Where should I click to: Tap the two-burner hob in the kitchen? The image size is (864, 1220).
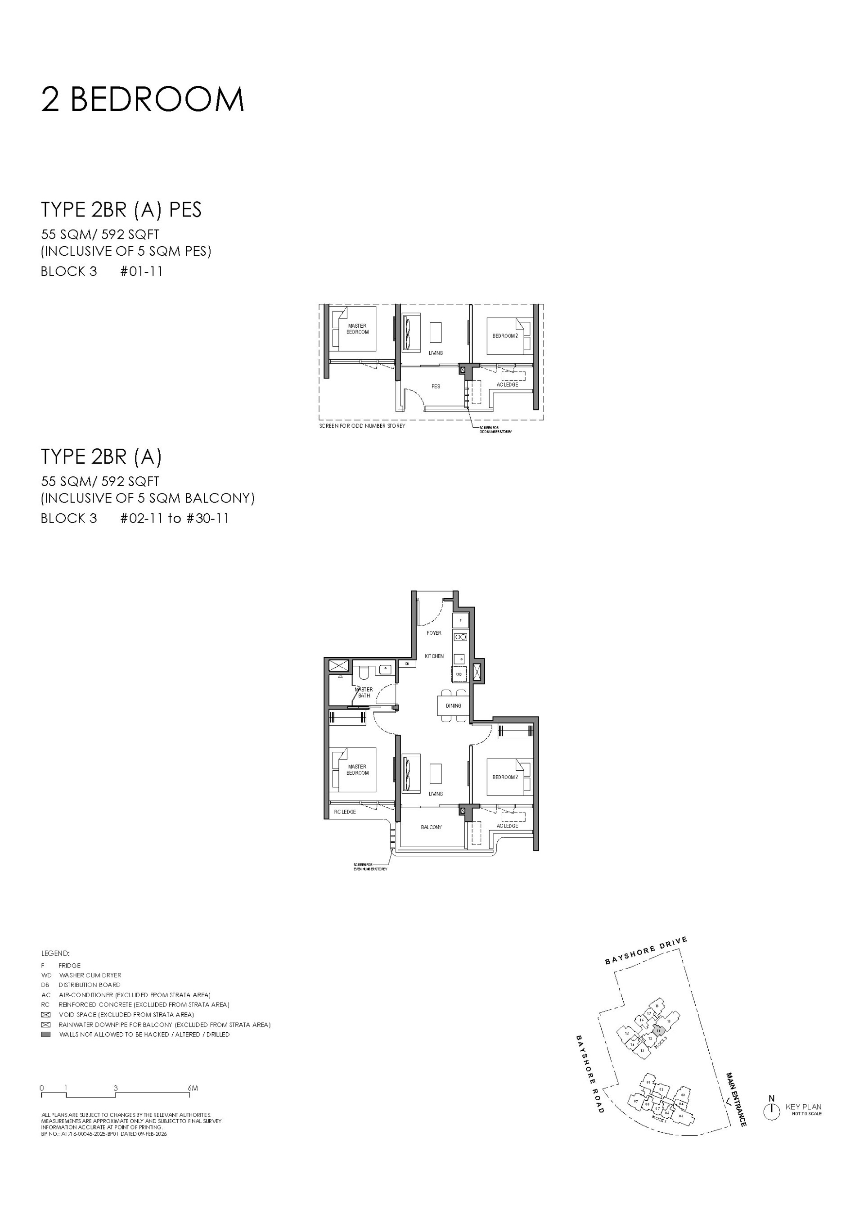coord(460,637)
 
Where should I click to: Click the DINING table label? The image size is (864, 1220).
coord(453,706)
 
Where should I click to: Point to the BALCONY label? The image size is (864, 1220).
coord(431,827)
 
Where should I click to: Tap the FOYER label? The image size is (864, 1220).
coord(434,633)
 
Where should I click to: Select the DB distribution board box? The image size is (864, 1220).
coord(407,664)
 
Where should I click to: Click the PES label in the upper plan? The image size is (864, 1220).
coord(436,386)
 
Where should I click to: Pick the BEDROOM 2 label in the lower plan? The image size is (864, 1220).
coord(504,777)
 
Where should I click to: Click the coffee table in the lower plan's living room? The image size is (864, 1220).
coord(436,773)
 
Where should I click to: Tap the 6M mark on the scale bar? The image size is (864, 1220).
coord(193,1088)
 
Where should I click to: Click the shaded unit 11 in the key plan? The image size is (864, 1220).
coord(659,1030)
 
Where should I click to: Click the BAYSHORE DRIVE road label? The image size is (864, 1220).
coord(646,951)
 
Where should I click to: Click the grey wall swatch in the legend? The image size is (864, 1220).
coord(46,1034)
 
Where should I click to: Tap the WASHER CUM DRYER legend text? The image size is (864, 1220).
coord(90,975)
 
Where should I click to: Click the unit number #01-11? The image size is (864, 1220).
coord(141,271)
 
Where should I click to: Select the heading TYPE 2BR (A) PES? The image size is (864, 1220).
coord(121,210)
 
